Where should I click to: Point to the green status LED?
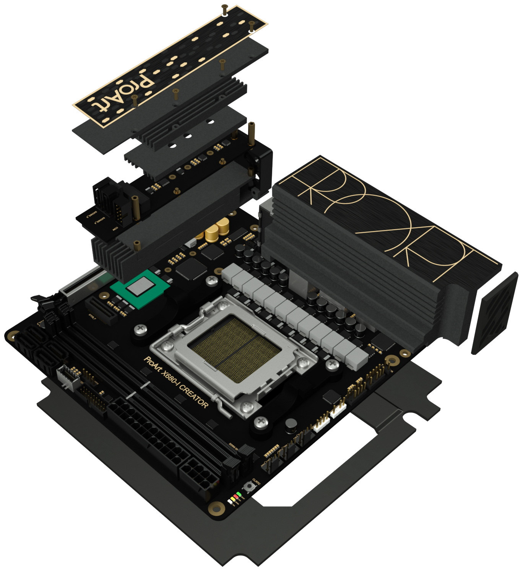point(239,494)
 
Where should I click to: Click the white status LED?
point(230,501)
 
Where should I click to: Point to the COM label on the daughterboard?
point(115,229)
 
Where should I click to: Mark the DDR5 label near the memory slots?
point(234,446)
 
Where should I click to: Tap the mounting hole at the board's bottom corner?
point(216,508)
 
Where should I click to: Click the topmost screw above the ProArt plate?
point(225,9)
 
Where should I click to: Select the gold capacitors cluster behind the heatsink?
point(216,230)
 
